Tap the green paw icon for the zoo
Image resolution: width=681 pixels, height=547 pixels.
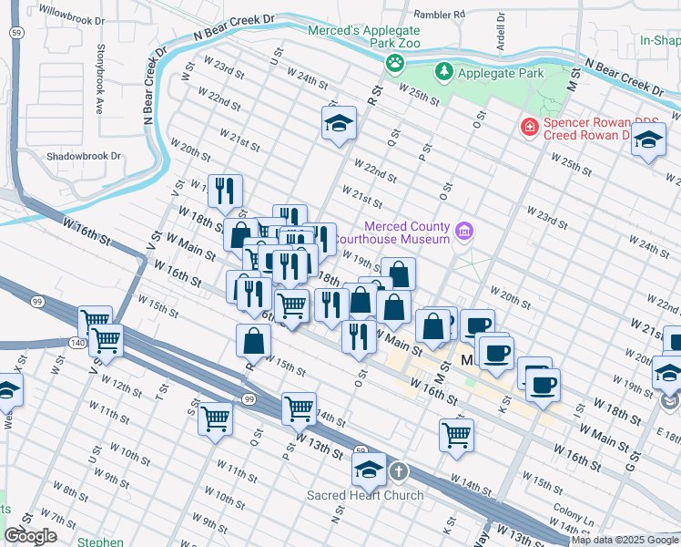[x=394, y=63]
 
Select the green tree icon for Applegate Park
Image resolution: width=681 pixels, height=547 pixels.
[x=443, y=71]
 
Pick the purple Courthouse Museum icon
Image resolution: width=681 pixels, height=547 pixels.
[x=464, y=232]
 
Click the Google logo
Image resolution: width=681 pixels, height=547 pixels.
[x=30, y=536]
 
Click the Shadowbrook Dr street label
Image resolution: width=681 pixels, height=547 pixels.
[x=84, y=156]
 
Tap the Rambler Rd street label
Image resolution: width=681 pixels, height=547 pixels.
[x=439, y=15]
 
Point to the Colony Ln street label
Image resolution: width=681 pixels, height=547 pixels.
[x=570, y=514]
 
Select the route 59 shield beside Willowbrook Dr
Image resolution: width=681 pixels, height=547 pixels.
[x=17, y=32]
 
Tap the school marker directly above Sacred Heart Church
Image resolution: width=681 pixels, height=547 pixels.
[x=369, y=470]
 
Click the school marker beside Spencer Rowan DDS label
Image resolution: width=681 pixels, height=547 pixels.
[x=648, y=140]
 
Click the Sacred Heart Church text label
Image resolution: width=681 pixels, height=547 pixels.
[x=365, y=495]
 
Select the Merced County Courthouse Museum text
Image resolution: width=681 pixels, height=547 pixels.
[x=408, y=232]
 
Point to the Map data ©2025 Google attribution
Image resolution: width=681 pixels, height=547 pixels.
[x=625, y=540]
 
